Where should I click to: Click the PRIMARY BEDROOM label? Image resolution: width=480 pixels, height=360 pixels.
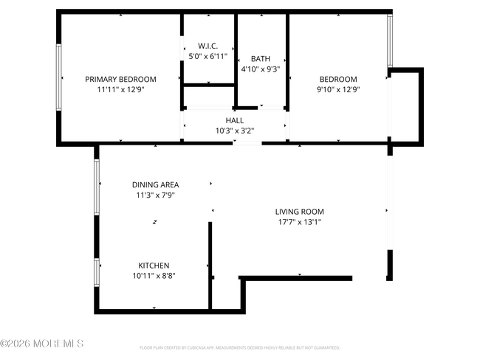pyautogui.click(x=120, y=80)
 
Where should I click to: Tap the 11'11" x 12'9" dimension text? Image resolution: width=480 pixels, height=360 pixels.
pyautogui.click(x=120, y=89)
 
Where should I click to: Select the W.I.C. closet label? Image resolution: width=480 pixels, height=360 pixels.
pyautogui.click(x=208, y=45)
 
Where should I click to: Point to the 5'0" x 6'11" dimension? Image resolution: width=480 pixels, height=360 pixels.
pyautogui.click(x=208, y=55)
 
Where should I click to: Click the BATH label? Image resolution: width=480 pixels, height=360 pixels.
pyautogui.click(x=261, y=59)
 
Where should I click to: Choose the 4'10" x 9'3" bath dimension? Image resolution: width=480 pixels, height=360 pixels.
pyautogui.click(x=261, y=69)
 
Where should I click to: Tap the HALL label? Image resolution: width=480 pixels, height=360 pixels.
pyautogui.click(x=234, y=120)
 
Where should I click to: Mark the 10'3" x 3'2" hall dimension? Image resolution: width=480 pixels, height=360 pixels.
pyautogui.click(x=234, y=131)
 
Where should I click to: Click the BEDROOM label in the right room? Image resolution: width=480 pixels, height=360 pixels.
pyautogui.click(x=338, y=80)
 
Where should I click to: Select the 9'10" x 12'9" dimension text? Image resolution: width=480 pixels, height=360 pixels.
pyautogui.click(x=338, y=89)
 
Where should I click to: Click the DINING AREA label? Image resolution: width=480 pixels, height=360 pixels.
pyautogui.click(x=155, y=185)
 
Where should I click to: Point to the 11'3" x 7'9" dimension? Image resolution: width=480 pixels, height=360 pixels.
pyautogui.click(x=155, y=195)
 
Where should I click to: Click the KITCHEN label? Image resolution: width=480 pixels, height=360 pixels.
pyautogui.click(x=154, y=266)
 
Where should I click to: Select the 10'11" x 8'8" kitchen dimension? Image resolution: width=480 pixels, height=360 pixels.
pyautogui.click(x=154, y=276)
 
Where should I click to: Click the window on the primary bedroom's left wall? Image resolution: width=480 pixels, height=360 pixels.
pyautogui.click(x=58, y=77)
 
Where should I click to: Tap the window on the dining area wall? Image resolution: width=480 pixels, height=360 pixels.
pyautogui.click(x=97, y=187)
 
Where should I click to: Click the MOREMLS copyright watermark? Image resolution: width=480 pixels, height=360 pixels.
pyautogui.click(x=42, y=344)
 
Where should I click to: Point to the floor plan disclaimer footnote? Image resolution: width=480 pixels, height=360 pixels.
pyautogui.click(x=239, y=347)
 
